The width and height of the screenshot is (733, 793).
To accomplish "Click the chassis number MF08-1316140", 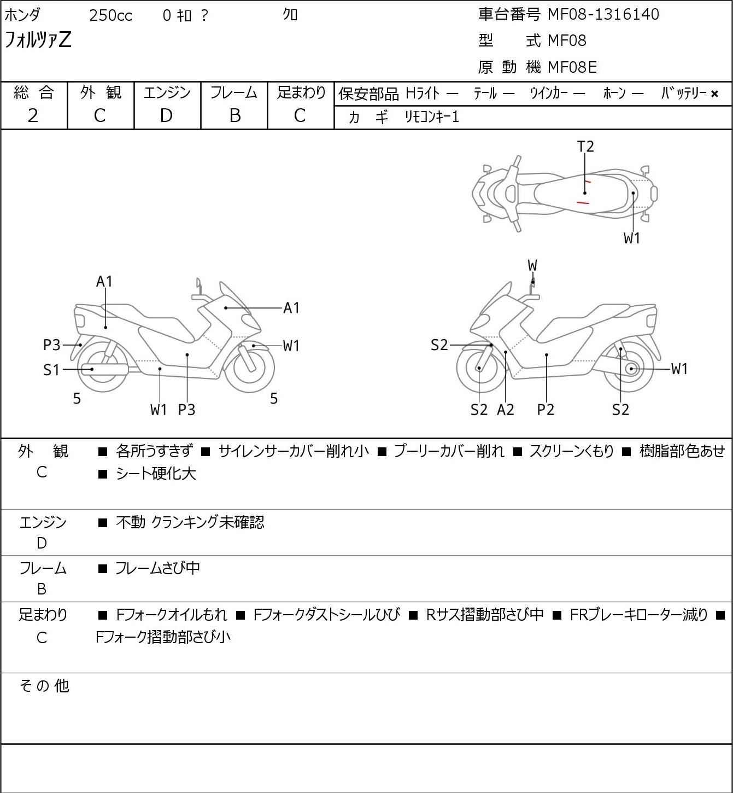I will coord(603,14).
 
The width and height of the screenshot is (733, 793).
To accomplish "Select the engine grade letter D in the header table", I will coord(166,115).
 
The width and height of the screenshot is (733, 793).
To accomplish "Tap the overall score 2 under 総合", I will coord(33,115).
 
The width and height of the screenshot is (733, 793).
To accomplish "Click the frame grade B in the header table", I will coord(234,115).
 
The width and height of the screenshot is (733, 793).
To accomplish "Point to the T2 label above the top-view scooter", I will coord(585,147).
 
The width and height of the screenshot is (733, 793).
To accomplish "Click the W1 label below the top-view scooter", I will coord(632,238).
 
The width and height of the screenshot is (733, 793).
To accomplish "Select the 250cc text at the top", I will coord(110,15).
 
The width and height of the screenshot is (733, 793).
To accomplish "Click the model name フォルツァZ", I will coord(38,40).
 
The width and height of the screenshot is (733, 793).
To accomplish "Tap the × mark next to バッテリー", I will coord(714,94).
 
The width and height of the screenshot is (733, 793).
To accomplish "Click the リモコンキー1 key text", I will coord(431,117).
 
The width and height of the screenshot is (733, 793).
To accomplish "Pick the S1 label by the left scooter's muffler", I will coord(51,370).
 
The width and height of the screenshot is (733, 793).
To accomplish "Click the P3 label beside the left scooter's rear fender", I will coord(51,345).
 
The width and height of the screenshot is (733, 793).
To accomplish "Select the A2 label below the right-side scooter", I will coord(506,410).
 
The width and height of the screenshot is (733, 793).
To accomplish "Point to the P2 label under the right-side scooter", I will coord(546,410).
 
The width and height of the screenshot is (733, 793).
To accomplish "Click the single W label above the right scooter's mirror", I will coord(532,266).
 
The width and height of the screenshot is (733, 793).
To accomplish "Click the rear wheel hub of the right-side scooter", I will coord(632,369).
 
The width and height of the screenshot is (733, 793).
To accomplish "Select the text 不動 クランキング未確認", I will coord(190,522).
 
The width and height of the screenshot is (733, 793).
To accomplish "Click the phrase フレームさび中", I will coord(157,569).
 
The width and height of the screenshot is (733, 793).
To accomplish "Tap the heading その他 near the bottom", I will coord(44,685).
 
